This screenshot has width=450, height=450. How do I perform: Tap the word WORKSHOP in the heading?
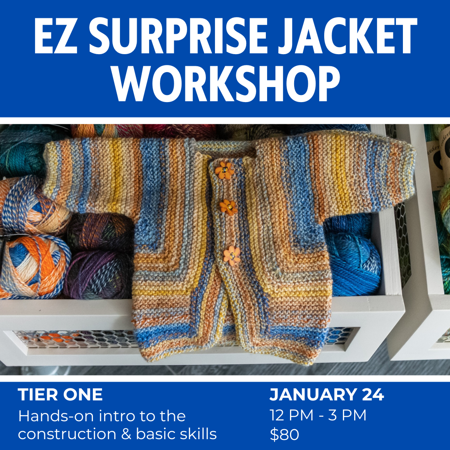225,83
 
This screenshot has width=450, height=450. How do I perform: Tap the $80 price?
285,435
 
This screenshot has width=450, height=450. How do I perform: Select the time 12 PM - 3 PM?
318,415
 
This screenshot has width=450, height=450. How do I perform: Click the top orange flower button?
224,170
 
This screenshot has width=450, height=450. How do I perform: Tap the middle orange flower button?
229,207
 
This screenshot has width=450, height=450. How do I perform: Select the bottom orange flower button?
232,255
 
